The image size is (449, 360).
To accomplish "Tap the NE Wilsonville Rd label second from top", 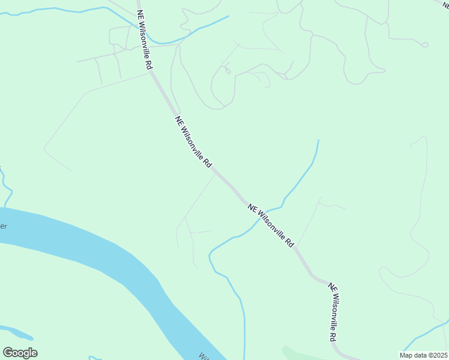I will (x=193, y=142).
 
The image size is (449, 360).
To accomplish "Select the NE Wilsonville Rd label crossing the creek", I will (x=271, y=225).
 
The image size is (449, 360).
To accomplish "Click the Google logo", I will (x=20, y=353).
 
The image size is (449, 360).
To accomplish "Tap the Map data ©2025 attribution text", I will (x=423, y=355).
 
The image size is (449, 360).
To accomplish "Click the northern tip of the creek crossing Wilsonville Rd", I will (x=318, y=140).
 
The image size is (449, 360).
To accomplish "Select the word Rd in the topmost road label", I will (x=147, y=64).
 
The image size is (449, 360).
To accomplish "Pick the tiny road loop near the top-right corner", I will (x=424, y=44).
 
